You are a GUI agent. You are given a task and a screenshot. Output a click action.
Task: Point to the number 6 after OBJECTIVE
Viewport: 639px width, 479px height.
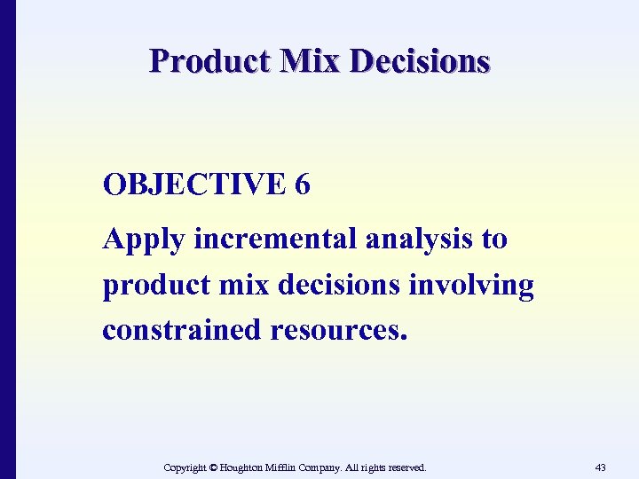click(303, 185)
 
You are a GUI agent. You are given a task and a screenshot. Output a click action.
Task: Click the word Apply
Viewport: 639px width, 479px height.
click(144, 240)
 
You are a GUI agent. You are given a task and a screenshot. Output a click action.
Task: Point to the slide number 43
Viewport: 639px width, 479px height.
click(600, 467)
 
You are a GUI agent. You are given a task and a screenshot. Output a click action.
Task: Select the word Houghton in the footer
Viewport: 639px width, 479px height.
click(244, 467)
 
